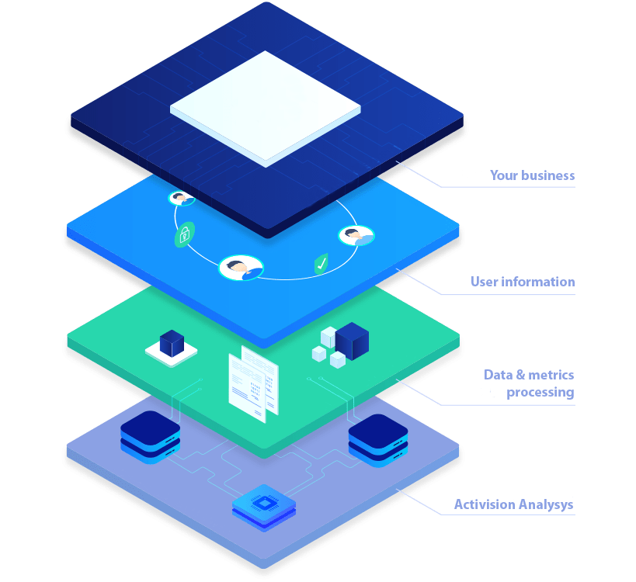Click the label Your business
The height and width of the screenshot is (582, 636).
point(532,176)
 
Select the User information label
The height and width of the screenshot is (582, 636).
point(523,282)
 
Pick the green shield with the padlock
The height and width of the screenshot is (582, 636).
point(184,234)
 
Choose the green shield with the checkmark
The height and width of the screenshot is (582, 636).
point(321,264)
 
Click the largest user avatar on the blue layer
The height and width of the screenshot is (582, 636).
point(241,268)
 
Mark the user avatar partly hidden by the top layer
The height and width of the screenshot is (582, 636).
point(182,199)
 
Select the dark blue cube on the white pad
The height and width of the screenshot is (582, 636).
point(170,344)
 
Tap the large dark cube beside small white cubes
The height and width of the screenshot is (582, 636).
point(351,341)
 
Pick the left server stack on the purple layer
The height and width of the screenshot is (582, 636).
point(150,436)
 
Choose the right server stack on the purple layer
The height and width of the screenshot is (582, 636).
point(377,439)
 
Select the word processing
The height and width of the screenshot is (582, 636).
point(540,393)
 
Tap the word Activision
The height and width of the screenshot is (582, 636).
point(484,505)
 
